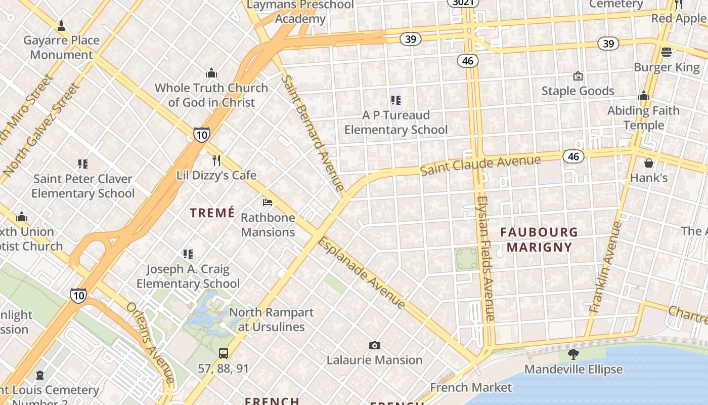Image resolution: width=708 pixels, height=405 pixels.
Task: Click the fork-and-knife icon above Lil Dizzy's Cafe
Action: tap(216, 160)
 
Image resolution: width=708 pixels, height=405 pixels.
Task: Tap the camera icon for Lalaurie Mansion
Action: tap(374, 345)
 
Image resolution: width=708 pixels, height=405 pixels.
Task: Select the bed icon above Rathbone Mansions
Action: tap(268, 202)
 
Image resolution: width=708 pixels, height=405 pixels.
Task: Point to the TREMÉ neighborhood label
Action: tap(212, 213)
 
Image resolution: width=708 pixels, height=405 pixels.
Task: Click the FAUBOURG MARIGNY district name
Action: tap(539, 239)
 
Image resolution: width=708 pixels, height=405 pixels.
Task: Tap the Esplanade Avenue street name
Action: tap(361, 272)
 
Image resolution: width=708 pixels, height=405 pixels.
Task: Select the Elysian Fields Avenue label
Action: tap(484, 258)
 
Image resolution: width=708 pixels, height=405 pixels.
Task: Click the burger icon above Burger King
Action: tap(667, 52)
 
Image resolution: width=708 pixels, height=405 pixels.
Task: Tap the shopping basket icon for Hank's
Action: tap(649, 163)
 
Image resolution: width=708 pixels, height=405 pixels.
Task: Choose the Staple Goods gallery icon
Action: tap(578, 76)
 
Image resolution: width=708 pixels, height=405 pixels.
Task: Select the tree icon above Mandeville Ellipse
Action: tap(573, 354)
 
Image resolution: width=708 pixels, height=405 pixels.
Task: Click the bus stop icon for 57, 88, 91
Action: tap(223, 353)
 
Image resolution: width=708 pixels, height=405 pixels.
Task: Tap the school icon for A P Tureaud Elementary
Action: tap(395, 100)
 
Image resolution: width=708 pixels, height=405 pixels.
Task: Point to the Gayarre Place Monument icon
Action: tap(61, 25)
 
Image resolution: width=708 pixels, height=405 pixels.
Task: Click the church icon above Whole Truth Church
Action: tap(211, 73)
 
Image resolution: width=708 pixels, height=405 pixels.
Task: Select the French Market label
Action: tap(471, 387)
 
